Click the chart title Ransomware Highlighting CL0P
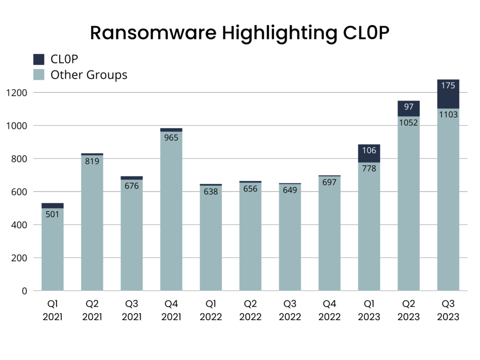[x=240, y=33]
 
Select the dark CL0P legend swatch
[x=39, y=59]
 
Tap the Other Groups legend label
[x=89, y=75]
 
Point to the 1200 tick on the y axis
[x=17, y=93]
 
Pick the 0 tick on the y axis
[x=24, y=291]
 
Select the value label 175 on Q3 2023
[x=448, y=86]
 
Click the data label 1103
[x=448, y=114]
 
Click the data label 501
[x=52, y=214]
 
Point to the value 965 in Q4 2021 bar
[x=171, y=138]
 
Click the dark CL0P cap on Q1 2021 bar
[x=52, y=205]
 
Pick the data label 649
[x=290, y=190]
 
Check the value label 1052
[x=409, y=123]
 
